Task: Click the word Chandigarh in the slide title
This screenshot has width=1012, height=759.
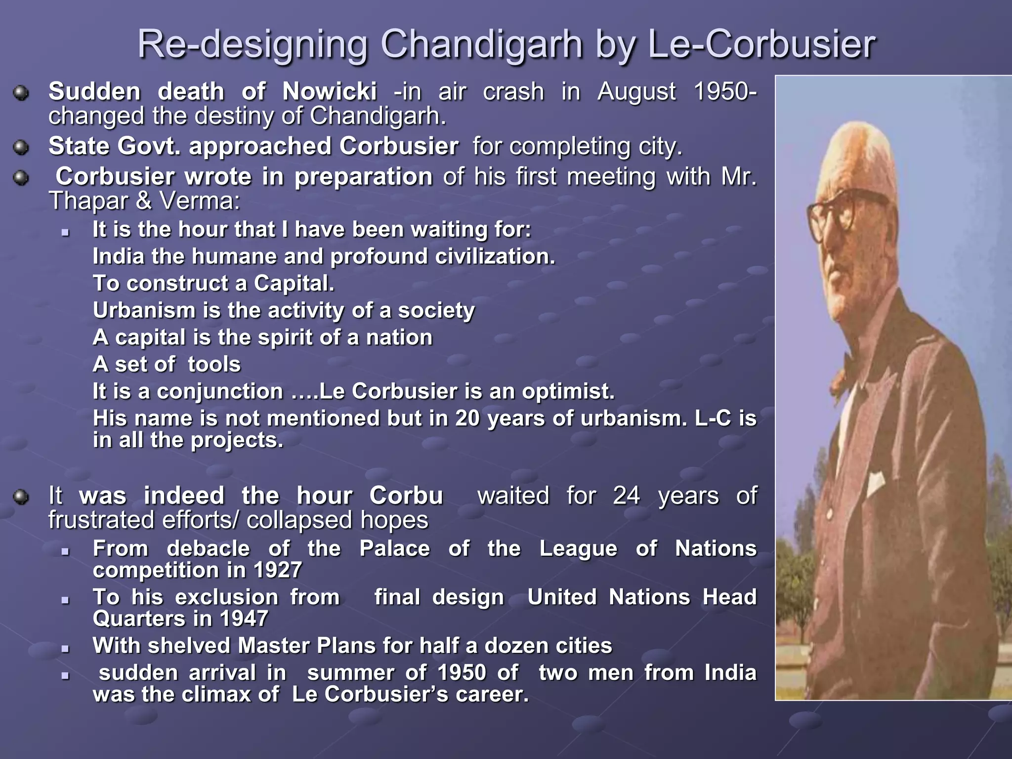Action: [x=481, y=44]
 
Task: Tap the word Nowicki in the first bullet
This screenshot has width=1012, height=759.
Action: [x=330, y=91]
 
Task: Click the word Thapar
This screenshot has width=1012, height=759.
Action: [x=87, y=201]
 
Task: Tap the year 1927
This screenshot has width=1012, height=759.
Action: [x=278, y=570]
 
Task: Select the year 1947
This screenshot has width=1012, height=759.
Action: [x=244, y=619]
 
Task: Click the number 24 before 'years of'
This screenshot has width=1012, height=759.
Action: [x=627, y=496]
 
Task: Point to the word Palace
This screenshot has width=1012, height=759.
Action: [x=394, y=548]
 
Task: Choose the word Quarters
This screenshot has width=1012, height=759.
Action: [x=125, y=619]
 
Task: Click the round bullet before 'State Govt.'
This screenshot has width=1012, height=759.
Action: [x=21, y=147]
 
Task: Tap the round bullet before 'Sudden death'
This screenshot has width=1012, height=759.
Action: [x=21, y=92]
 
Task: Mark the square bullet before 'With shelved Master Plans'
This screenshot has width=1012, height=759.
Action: [x=65, y=648]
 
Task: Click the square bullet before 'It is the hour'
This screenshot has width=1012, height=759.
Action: [x=65, y=232]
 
